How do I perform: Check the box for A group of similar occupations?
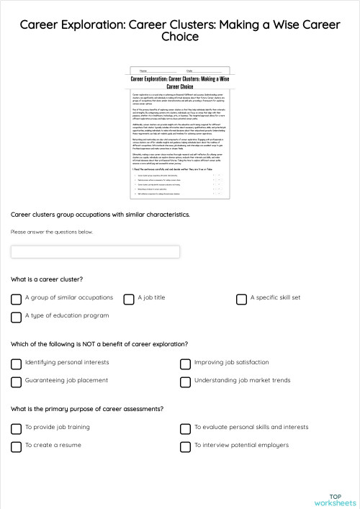point(16,298)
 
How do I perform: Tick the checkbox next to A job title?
point(129,298)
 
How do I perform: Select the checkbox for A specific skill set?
point(241,298)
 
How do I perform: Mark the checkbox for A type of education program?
point(16,317)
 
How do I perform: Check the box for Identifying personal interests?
point(16,364)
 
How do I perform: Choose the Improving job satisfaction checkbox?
point(185,364)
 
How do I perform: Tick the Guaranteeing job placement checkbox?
point(16,382)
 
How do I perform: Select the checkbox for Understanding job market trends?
point(185,382)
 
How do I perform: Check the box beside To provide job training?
point(16,428)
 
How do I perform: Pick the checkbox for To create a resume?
point(16,446)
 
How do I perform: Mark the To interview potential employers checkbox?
point(185,446)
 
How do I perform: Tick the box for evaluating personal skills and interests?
point(185,428)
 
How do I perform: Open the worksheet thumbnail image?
point(180,134)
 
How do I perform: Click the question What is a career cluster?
point(47,279)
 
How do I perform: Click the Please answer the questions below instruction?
point(52,232)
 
